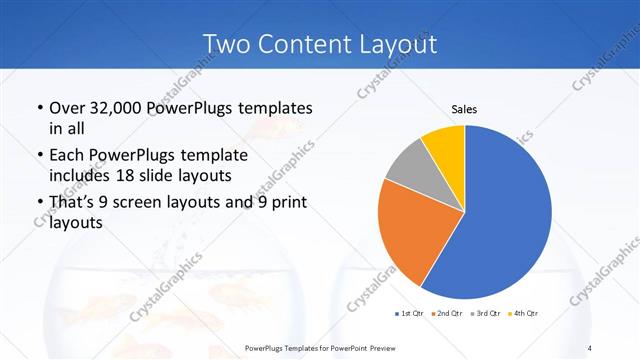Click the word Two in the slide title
coord(226,45)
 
